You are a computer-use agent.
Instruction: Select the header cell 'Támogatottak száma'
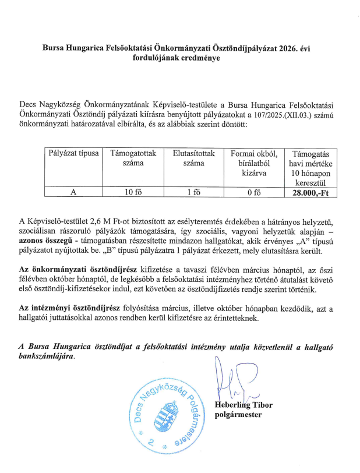coord(133,158)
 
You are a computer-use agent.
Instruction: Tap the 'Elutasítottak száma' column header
coord(194,158)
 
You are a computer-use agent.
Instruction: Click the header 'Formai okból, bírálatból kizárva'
coord(253,163)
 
